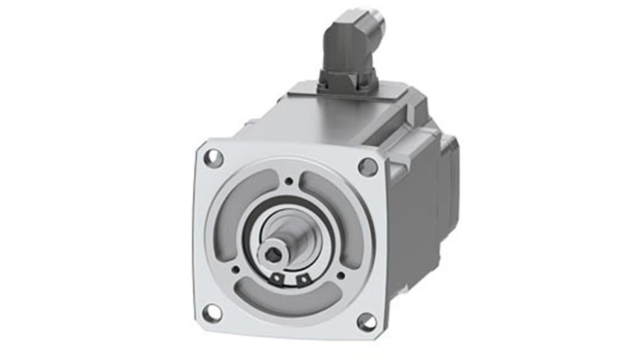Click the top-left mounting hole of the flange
point(213,158)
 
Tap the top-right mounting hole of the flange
point(368,167)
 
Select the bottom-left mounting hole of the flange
point(212,312)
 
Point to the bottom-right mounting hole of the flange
point(367,322)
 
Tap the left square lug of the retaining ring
point(275,280)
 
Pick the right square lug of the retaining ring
point(302,281)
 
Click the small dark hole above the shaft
point(289,182)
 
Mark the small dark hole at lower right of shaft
point(341,275)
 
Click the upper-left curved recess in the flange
point(242,203)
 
